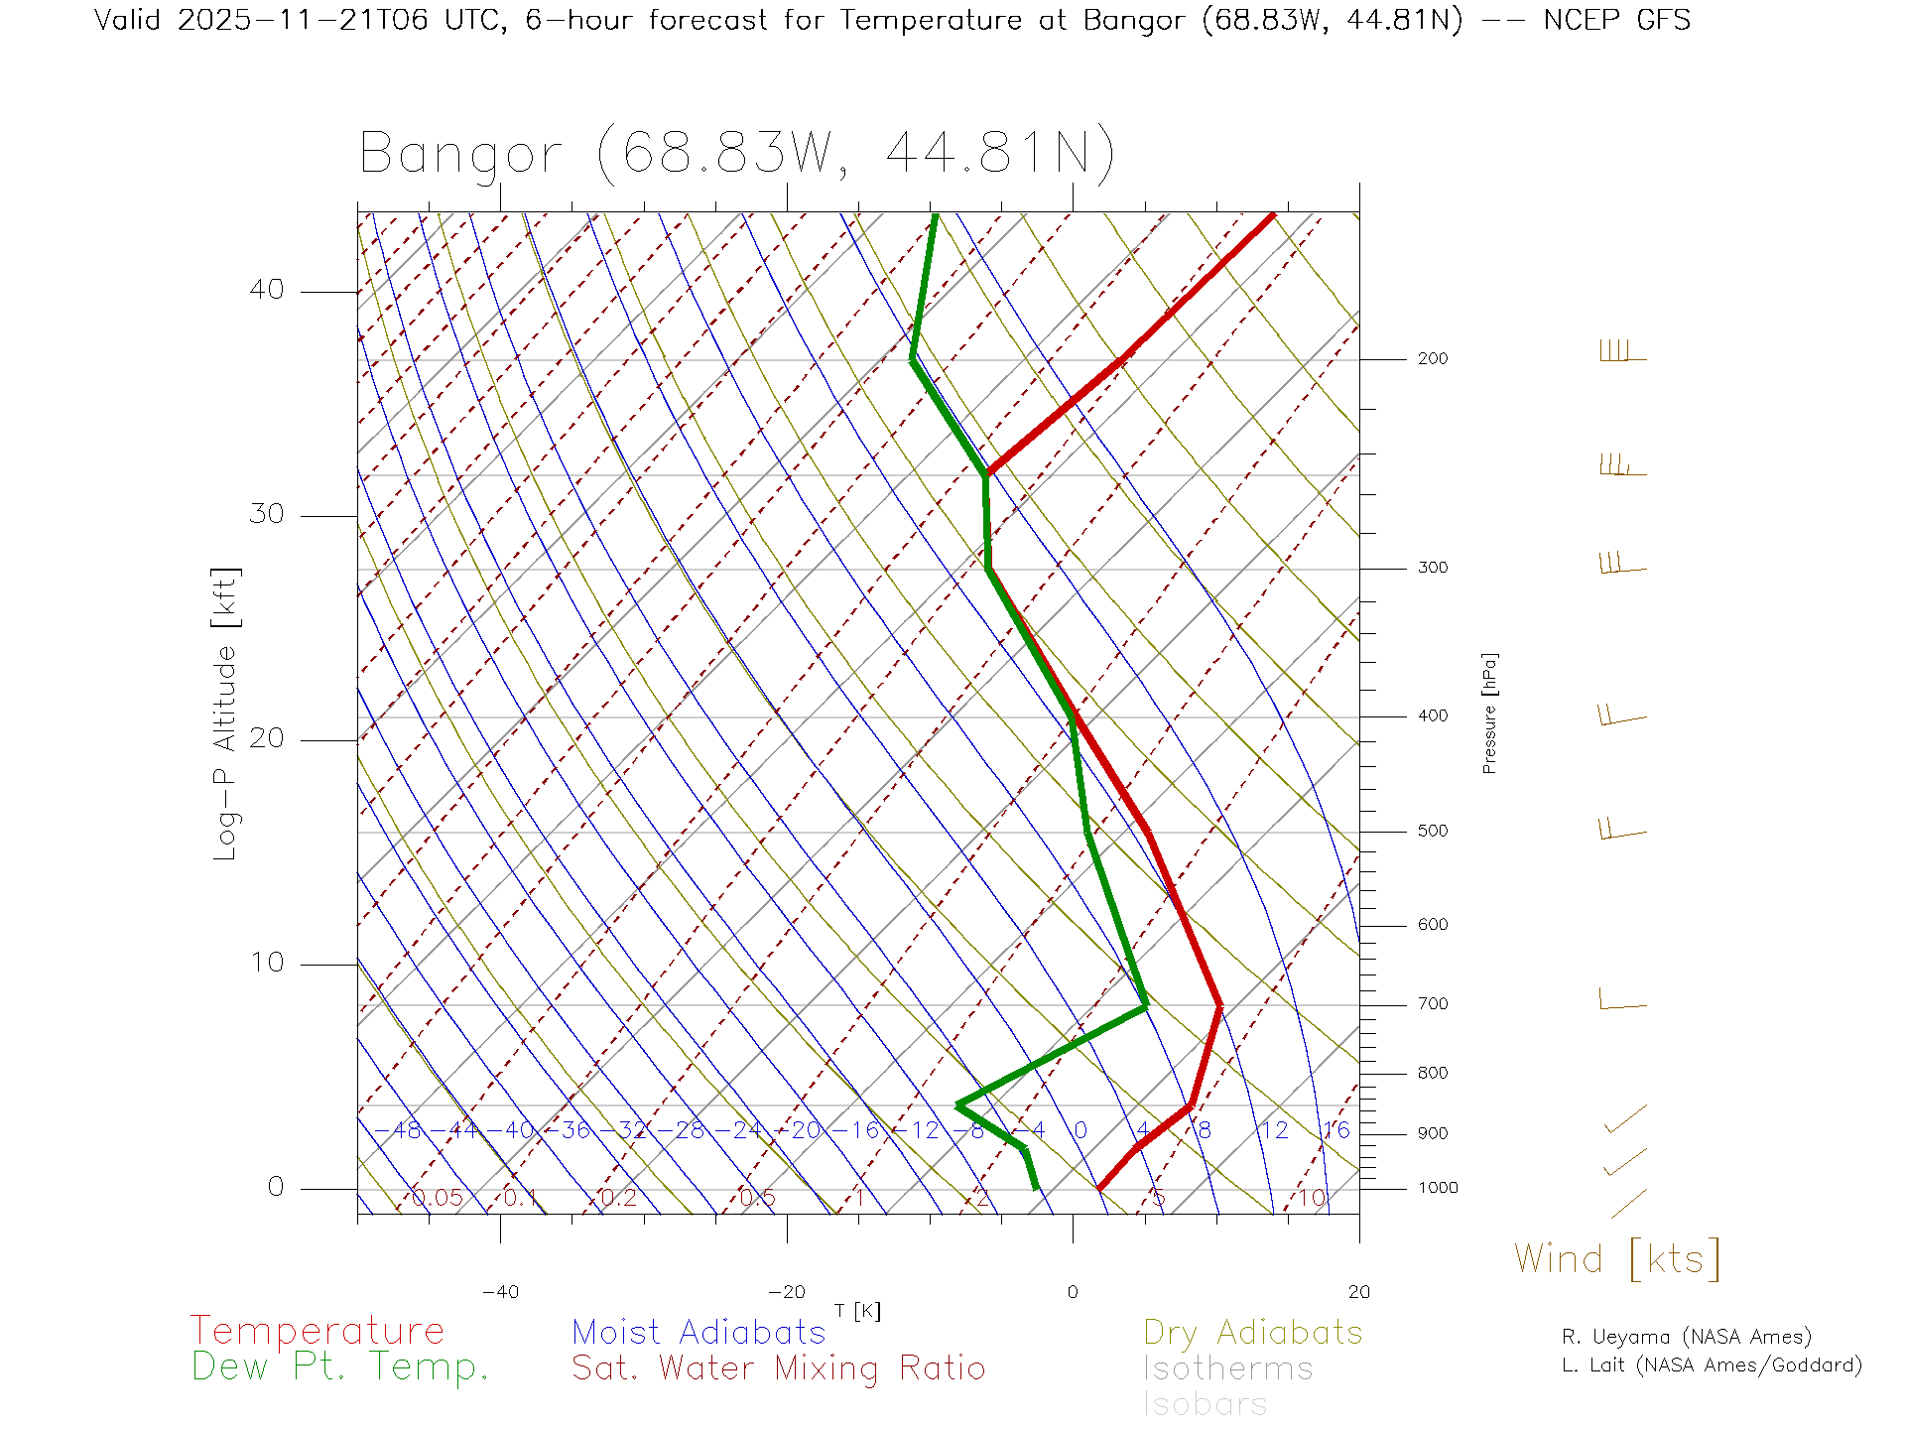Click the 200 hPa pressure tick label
[1432, 358]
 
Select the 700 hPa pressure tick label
[1432, 1004]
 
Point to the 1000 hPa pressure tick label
[1437, 1188]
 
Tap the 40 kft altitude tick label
[266, 290]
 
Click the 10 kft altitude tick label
[266, 963]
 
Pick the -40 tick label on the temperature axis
[500, 1292]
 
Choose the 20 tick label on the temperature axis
[1358, 1292]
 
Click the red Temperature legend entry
[317, 1331]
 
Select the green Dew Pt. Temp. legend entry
[340, 1367]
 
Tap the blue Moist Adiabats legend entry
[698, 1332]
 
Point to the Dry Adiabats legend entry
[1252, 1332]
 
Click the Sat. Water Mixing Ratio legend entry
[778, 1368]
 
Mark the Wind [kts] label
[1616, 1258]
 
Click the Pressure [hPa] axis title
[1489, 713]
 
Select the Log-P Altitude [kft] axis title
[226, 714]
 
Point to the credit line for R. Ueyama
[1686, 1337]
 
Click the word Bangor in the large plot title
[460, 154]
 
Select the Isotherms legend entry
[1227, 1368]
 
